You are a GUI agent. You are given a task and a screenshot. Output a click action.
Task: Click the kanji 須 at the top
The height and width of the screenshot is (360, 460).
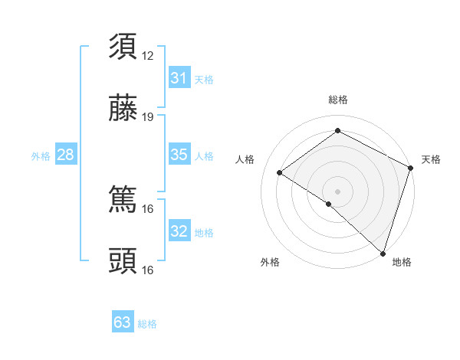tap(123, 46)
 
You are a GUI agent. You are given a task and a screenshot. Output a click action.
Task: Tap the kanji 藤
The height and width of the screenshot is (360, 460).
tap(123, 111)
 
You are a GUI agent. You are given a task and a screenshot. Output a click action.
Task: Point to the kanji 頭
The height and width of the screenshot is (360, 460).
tap(123, 261)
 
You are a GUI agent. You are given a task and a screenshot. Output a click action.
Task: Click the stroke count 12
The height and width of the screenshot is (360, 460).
tap(148, 55)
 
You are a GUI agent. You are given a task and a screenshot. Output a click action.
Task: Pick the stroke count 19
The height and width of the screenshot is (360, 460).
tap(148, 117)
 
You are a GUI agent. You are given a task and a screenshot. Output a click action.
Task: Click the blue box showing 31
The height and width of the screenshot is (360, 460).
tap(179, 78)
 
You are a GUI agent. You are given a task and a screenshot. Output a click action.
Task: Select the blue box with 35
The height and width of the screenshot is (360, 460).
tap(179, 155)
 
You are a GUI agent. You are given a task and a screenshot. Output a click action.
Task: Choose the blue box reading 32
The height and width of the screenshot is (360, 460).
tap(179, 231)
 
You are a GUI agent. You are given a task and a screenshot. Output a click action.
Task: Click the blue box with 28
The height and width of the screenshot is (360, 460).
tap(65, 155)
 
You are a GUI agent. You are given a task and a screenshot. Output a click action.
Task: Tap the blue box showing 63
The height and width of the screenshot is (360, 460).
tap(123, 322)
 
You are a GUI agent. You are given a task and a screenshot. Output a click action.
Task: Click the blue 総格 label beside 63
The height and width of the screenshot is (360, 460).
tap(147, 324)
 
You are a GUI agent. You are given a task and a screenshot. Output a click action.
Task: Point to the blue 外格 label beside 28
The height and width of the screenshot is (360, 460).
tap(41, 156)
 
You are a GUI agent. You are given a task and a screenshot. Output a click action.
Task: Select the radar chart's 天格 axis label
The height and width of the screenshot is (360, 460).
tap(431, 159)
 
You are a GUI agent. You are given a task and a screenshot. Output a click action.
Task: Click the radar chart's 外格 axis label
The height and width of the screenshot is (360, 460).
tap(270, 262)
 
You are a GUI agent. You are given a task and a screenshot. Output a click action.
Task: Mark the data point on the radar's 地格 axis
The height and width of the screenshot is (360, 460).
tap(383, 253)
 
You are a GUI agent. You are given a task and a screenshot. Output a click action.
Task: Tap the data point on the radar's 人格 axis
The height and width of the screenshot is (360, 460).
tap(280, 172)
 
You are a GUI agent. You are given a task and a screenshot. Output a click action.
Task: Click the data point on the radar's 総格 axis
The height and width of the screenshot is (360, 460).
tap(337, 130)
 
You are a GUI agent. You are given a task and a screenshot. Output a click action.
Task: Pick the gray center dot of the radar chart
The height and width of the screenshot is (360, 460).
tap(337, 191)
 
